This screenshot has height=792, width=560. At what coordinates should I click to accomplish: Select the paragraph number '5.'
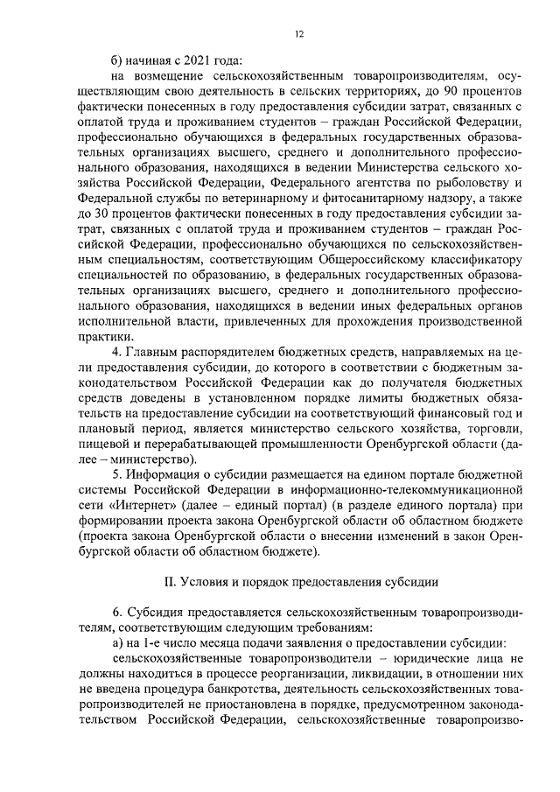[x=120, y=474]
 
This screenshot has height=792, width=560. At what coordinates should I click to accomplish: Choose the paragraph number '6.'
[x=120, y=612]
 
